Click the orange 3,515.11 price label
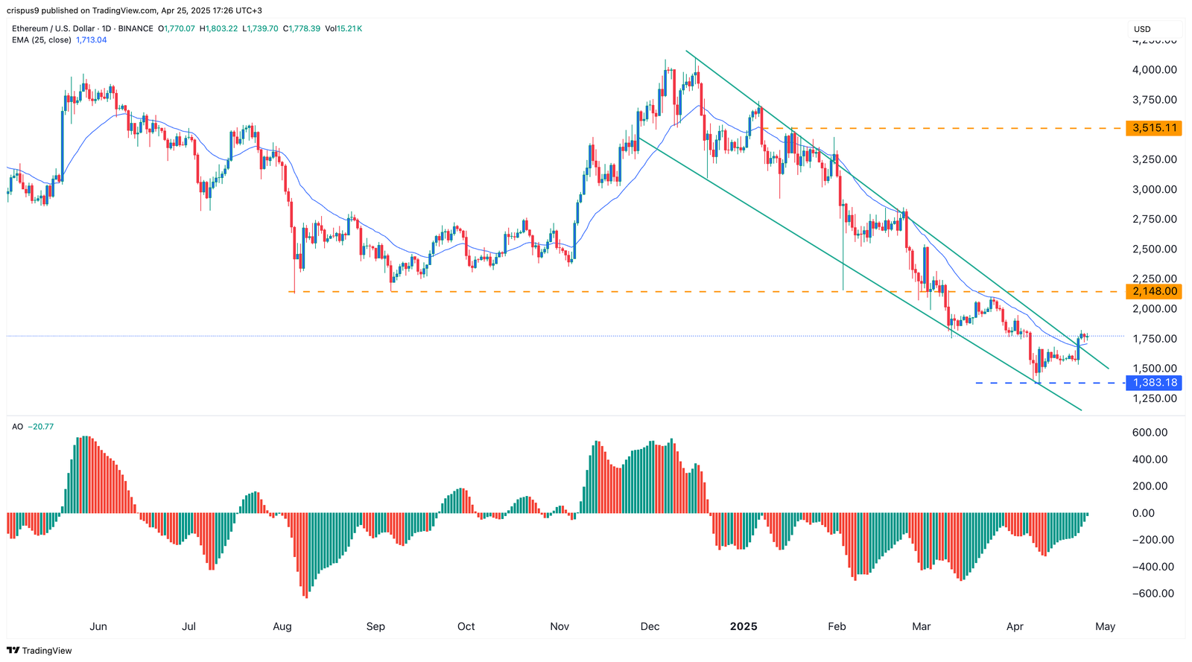(1154, 128)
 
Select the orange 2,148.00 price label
(1154, 291)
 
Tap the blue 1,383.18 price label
(1154, 383)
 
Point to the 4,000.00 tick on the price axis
(1154, 70)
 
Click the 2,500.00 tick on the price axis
(1154, 249)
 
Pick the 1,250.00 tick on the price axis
(1154, 398)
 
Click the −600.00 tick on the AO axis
(1153, 593)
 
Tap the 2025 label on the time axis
(743, 626)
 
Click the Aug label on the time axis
(282, 626)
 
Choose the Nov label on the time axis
(559, 626)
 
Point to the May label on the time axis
(1105, 626)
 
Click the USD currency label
(1142, 29)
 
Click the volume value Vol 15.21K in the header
(343, 28)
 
